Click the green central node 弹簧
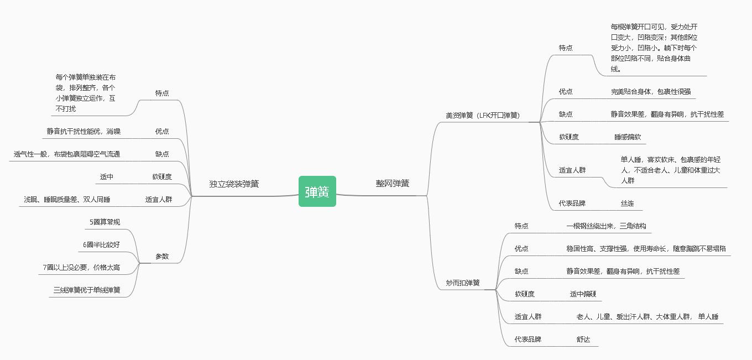(x=317, y=191)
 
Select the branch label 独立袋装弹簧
(x=234, y=184)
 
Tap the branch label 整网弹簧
(x=393, y=184)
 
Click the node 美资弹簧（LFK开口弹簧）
(x=483, y=116)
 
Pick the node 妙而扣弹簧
(x=463, y=283)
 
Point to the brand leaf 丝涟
(x=627, y=204)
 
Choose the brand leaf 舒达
(x=583, y=340)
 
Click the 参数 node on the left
(x=162, y=257)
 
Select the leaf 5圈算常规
(x=105, y=222)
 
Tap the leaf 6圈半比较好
(x=101, y=245)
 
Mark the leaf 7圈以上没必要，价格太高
(x=81, y=268)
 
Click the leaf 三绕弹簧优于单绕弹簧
(x=87, y=290)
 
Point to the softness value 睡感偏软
(x=628, y=137)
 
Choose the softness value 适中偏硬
(x=583, y=294)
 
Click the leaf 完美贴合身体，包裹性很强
(x=651, y=92)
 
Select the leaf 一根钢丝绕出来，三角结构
(x=606, y=226)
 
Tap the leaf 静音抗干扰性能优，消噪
(x=83, y=132)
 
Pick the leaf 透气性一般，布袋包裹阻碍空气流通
(x=67, y=154)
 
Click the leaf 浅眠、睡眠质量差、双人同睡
(x=67, y=200)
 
